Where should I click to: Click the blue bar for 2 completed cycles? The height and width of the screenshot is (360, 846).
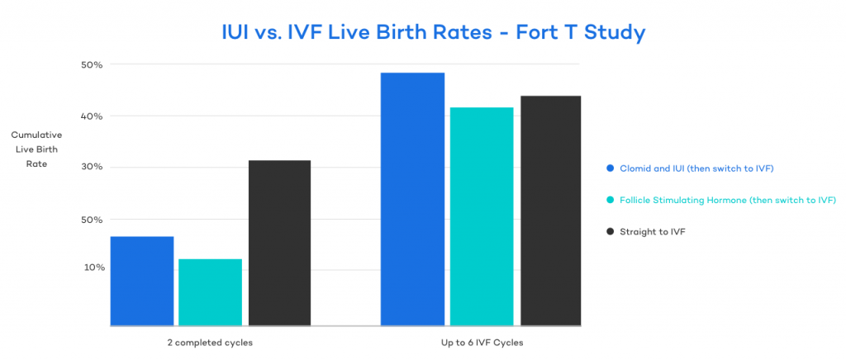tap(142, 281)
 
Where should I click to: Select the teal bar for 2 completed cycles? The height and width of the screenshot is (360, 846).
tap(210, 292)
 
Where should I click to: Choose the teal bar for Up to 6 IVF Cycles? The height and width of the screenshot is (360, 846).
tap(481, 216)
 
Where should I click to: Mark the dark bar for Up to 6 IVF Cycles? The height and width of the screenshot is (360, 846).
tap(550, 211)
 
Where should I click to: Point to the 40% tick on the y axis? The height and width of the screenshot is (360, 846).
tap(91, 116)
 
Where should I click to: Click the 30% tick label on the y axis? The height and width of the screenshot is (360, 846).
tap(91, 168)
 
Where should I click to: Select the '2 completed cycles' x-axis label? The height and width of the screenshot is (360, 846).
tap(210, 342)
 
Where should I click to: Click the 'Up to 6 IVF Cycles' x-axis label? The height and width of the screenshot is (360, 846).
tap(481, 342)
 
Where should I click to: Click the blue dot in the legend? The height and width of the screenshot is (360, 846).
tap(610, 168)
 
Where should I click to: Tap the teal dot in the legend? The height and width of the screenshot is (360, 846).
tap(610, 200)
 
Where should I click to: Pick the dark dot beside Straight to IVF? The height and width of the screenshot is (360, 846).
tap(610, 232)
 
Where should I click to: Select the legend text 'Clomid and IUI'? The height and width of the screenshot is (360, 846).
tap(653, 168)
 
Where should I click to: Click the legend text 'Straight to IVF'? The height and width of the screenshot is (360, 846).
tap(652, 232)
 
